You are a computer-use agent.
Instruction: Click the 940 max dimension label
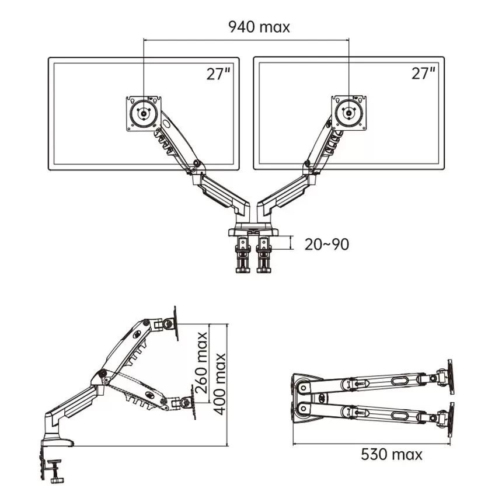point(259,27)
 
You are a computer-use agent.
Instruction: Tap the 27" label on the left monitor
point(218,74)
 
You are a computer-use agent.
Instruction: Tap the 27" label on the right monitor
point(424,74)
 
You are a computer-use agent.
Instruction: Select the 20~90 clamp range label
point(327,244)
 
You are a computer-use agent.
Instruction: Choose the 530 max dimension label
point(391,454)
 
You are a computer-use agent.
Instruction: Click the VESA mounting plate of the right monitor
point(348,113)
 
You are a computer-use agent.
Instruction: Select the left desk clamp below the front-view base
point(242,255)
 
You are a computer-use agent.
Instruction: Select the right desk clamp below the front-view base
point(264,255)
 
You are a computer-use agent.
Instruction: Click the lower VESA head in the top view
point(449,419)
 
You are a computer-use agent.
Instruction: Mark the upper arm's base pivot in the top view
point(304,385)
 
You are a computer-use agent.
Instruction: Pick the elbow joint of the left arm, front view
point(196,168)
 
